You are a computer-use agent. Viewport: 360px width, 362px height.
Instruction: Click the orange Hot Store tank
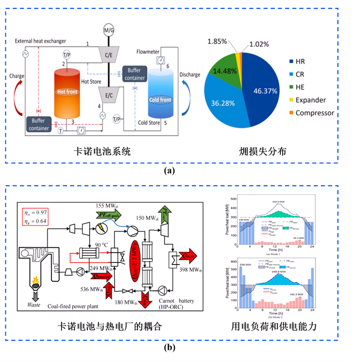pyautogui.click(x=69, y=95)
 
